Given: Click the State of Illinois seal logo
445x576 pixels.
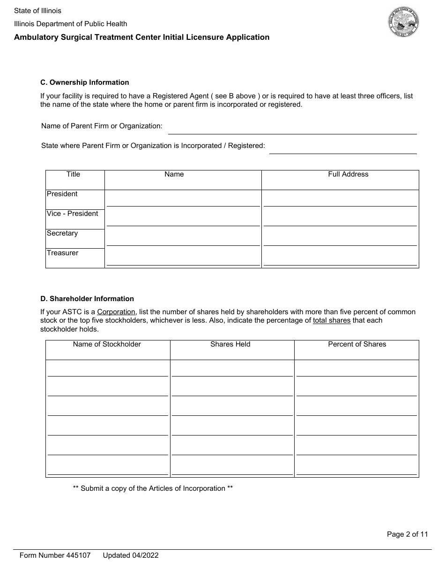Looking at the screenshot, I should pyautogui.click(x=403, y=22).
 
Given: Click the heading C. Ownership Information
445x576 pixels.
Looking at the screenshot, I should pyautogui.click(x=85, y=82).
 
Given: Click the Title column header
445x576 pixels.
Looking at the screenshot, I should pyautogui.click(x=74, y=174).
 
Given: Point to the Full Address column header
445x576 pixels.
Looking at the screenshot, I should pyautogui.click(x=348, y=174).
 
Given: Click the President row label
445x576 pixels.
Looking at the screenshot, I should pyautogui.click(x=62, y=194).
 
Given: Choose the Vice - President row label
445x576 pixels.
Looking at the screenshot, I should pyautogui.click(x=73, y=214).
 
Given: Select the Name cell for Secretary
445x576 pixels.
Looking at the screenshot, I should pyautogui.click(x=183, y=239).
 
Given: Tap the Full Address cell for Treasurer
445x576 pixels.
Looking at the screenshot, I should pyautogui.click(x=340, y=258).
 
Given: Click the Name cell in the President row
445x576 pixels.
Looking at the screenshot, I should pyautogui.click(x=183, y=199).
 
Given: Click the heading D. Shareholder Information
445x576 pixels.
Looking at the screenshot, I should pyautogui.click(x=87, y=299).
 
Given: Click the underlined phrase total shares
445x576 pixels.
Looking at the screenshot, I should pyautogui.click(x=332, y=321).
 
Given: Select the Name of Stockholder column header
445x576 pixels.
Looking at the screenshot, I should pyautogui.click(x=107, y=344).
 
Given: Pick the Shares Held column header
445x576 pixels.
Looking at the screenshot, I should pyautogui.click(x=230, y=344).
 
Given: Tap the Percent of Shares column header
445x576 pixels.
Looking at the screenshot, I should pyautogui.click(x=357, y=344).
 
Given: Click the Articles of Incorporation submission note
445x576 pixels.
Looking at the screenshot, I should pyautogui.click(x=153, y=488).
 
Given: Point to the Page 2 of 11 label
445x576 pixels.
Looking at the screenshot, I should pyautogui.click(x=407, y=534).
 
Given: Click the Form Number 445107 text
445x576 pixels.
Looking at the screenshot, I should pyautogui.click(x=55, y=555).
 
